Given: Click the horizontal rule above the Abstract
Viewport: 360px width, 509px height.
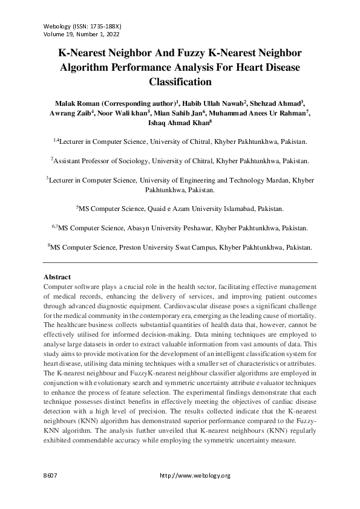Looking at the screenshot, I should tap(180, 263).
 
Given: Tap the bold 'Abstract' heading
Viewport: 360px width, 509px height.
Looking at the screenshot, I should tap(57, 277).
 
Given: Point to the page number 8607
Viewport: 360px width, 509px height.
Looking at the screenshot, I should tap(50, 476).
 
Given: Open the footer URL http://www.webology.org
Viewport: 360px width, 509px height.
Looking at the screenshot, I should tap(195, 476).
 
